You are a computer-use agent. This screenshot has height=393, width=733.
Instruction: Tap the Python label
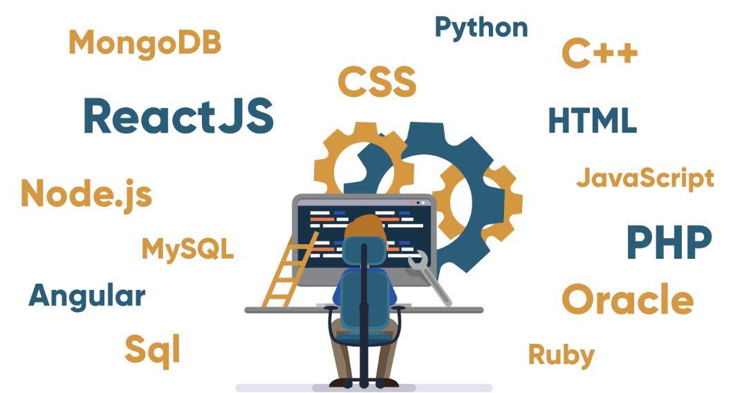(x=481, y=28)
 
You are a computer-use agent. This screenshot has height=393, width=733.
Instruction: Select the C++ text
(x=600, y=53)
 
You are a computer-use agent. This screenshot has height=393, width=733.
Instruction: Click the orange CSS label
(x=377, y=82)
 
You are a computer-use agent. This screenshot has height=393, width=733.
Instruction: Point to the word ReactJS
(x=178, y=116)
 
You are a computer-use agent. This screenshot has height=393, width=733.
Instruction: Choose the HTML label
(x=593, y=120)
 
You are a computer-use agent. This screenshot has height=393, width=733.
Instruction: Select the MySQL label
(x=187, y=249)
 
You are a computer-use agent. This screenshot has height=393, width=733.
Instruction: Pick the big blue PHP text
(x=669, y=242)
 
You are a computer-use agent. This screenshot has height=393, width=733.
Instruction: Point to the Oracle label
(x=627, y=300)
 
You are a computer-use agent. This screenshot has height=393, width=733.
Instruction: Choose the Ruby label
(x=562, y=356)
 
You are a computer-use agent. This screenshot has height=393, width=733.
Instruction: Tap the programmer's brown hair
(x=365, y=226)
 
